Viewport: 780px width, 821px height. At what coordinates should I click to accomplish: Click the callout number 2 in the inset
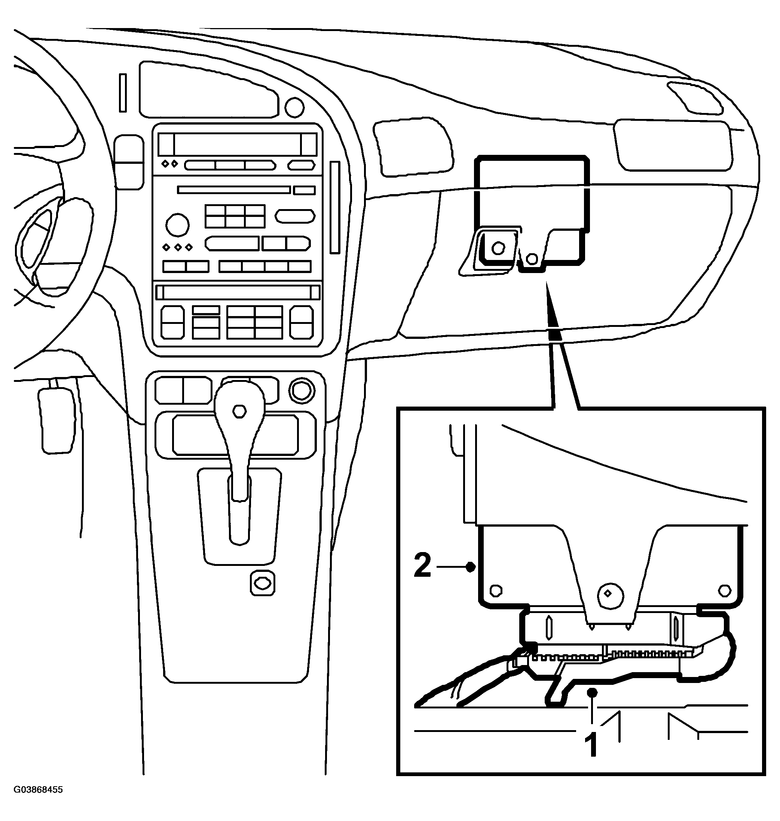[422, 566]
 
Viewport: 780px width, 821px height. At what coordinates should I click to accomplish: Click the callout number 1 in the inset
[591, 745]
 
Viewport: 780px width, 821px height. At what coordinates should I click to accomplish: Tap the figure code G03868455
[38, 801]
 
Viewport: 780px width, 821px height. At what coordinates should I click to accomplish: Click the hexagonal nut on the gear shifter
[239, 411]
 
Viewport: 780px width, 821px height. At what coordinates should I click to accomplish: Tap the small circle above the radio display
[294, 107]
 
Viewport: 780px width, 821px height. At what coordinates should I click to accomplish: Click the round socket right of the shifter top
[302, 391]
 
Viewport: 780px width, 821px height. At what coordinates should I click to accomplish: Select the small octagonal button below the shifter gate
[262, 583]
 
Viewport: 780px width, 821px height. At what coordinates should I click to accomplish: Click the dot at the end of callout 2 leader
[471, 567]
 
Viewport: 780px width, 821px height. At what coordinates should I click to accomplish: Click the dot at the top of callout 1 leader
[593, 692]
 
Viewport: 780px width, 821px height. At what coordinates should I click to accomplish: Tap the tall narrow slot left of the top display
[123, 93]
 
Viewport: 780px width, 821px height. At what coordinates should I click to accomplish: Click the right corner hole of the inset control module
[725, 590]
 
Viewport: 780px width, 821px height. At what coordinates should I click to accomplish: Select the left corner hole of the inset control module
[496, 591]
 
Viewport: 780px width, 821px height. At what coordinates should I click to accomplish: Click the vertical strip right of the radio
[335, 208]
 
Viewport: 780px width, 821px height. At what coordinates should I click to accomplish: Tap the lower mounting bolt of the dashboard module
[531, 259]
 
